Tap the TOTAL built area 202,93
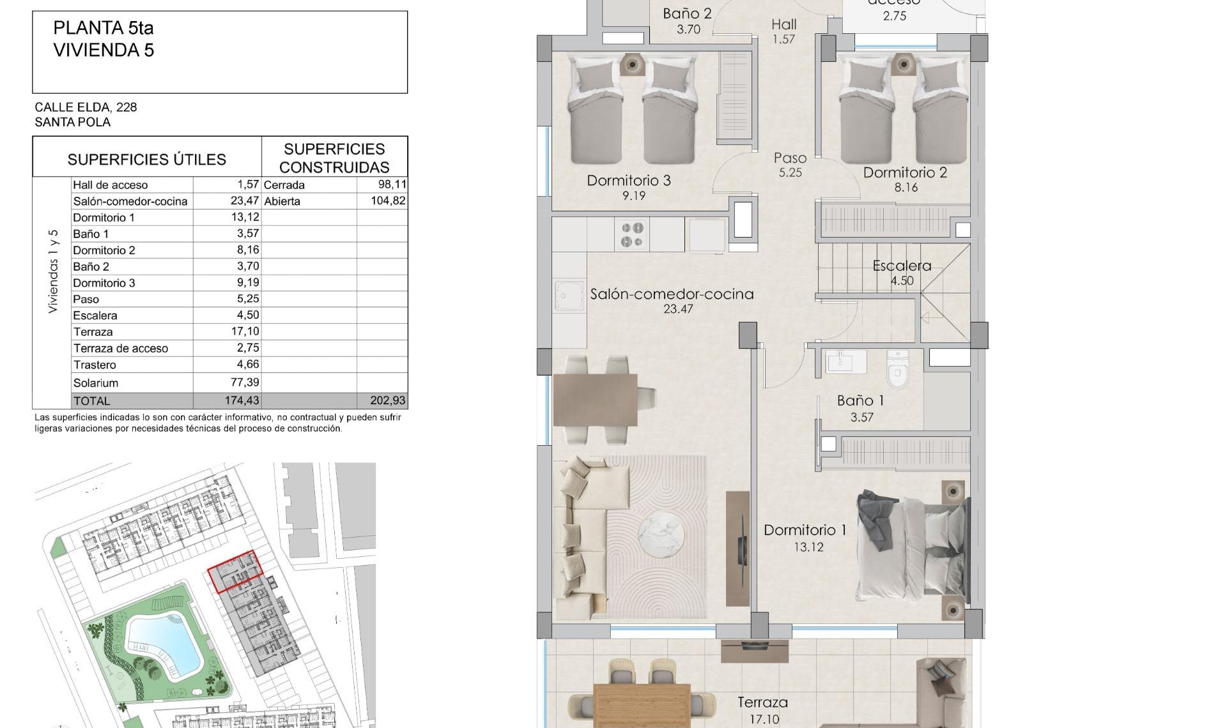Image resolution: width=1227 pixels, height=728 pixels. click(387, 400)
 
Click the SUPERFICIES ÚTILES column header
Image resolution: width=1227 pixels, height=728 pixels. click(147, 159)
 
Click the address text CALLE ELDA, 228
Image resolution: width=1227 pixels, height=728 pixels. click(86, 107)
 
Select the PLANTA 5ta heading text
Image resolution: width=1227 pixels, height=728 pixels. click(104, 28)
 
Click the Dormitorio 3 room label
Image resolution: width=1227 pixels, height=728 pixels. click(629, 181)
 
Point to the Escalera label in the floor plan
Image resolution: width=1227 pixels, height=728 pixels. click(902, 266)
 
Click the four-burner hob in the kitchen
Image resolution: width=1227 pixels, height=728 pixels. click(632, 234)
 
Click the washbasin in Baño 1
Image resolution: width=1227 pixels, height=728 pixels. click(845, 362)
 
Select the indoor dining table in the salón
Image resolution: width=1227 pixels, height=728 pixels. click(595, 400)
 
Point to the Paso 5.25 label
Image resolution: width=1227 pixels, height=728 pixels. click(790, 165)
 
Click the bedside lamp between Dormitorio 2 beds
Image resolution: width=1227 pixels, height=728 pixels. click(902, 63)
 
